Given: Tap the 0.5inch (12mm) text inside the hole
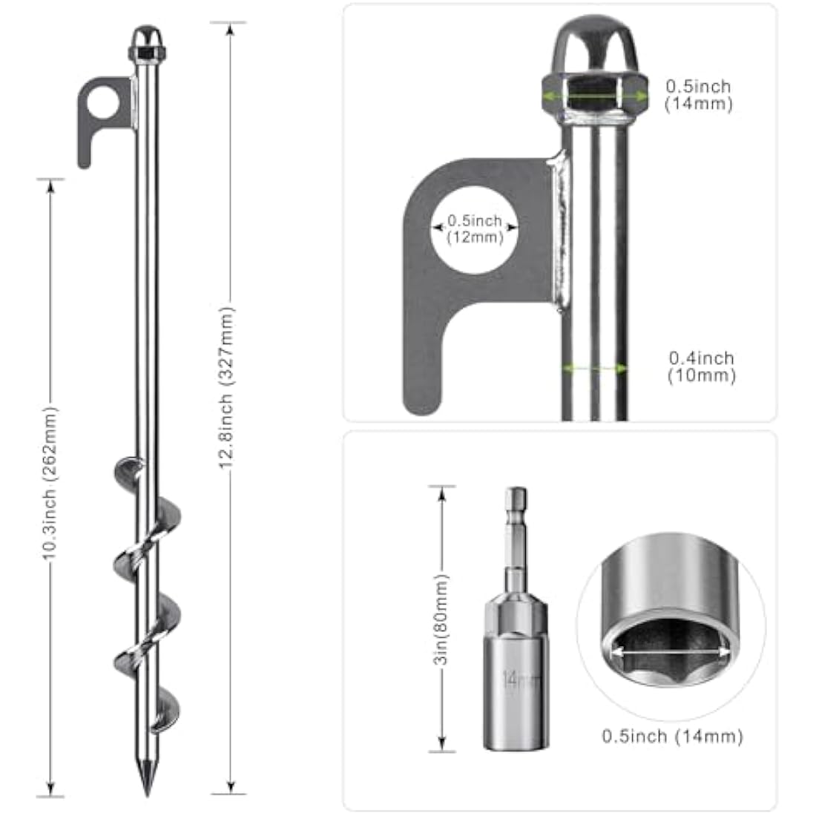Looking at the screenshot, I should click(475, 229).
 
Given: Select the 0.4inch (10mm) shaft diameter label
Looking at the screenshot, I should click(701, 366).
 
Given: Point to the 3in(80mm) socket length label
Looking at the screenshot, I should click(443, 618).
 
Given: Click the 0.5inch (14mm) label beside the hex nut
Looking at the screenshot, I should click(698, 95).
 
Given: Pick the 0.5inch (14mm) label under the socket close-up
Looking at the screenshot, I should click(672, 736).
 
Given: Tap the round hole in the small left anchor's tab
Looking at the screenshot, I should click(102, 103).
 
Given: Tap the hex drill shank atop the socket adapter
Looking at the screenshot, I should click(513, 519).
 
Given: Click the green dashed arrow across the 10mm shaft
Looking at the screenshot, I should click(593, 367).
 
